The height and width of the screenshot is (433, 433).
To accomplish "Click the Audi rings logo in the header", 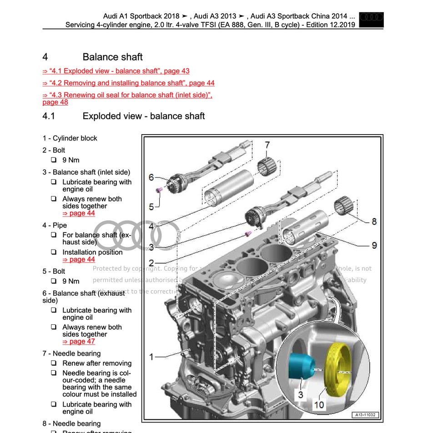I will point(371,19).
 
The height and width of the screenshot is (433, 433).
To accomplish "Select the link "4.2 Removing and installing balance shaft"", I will point(128,83).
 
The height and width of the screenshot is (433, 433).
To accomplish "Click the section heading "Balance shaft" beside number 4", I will point(112,57).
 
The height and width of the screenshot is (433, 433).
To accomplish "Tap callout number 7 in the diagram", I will point(267,145).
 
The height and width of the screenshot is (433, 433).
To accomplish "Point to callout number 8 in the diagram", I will point(374,222).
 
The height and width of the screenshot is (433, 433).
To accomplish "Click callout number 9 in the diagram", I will point(374,245).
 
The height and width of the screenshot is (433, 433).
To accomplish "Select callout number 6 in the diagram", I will point(151,177).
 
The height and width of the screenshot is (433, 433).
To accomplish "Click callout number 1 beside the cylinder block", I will point(151,357).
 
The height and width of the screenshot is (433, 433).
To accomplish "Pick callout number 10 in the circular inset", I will point(319,404).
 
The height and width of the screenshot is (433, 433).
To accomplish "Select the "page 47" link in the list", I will point(79,342).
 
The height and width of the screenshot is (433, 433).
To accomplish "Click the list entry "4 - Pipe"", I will point(55,225).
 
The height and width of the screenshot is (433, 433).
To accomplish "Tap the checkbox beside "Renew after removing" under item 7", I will point(54,363).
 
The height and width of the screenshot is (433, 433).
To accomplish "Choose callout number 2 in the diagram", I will point(151,262).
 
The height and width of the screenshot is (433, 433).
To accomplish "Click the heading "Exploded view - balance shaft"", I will point(143,116).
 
